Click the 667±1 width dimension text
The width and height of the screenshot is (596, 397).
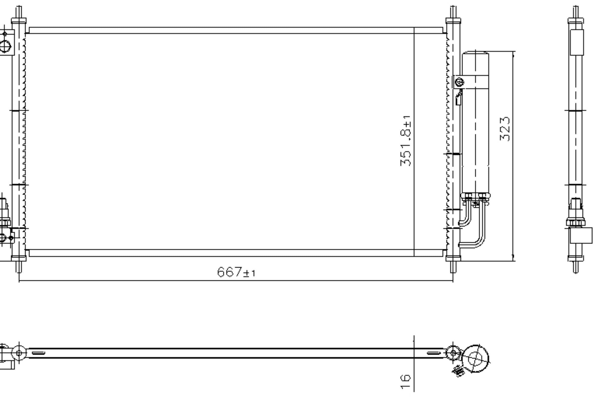click(x=236, y=272)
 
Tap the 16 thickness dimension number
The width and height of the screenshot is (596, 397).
click(x=405, y=381)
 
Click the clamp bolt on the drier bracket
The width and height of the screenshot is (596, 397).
click(x=459, y=82)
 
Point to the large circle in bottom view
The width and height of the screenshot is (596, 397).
click(x=475, y=359)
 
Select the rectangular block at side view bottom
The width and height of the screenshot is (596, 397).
click(x=581, y=235)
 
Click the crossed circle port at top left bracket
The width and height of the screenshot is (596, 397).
click(x=5, y=46)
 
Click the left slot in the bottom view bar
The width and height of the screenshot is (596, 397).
click(x=38, y=353)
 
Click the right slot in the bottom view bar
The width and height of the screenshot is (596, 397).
click(x=434, y=353)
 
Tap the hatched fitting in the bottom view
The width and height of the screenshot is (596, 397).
click(x=458, y=371)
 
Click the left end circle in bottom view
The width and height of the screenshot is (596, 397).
click(x=19, y=353)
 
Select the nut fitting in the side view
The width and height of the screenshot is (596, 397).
click(x=575, y=223)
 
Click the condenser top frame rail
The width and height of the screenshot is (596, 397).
click(x=236, y=30)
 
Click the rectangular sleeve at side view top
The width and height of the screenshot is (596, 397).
click(x=576, y=42)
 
